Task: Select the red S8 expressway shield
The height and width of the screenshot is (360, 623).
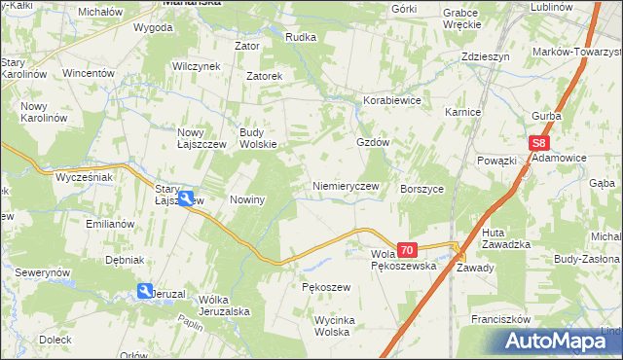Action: (542, 143)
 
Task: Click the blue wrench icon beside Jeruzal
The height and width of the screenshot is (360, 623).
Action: (145, 291)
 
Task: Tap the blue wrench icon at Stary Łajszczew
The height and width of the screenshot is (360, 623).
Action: (185, 198)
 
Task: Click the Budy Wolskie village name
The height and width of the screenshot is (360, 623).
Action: (258, 138)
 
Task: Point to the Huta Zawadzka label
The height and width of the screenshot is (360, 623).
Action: (505, 238)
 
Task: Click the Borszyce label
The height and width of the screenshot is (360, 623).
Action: (421, 189)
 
